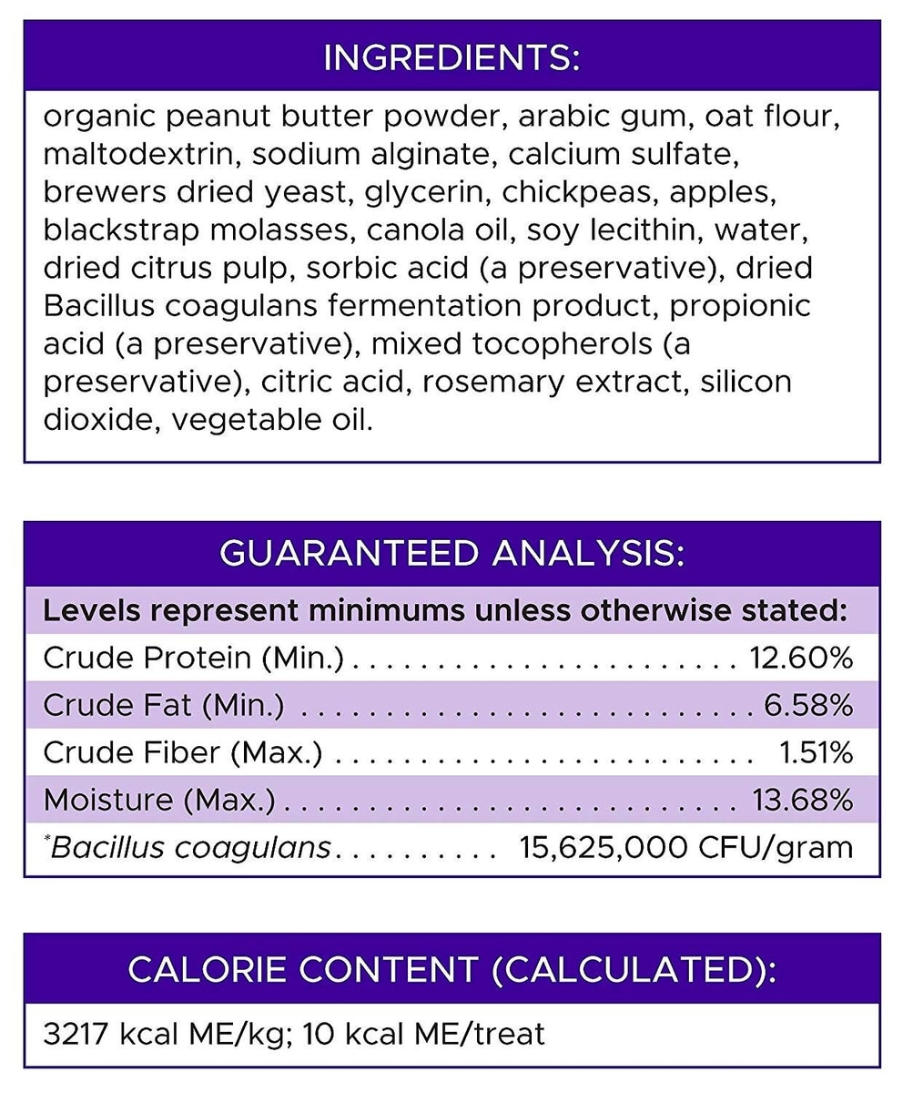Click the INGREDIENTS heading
tap(451, 57)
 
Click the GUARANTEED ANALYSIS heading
tap(451, 553)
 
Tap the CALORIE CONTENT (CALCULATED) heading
tap(451, 969)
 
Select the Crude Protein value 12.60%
tap(801, 657)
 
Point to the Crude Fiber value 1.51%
tap(816, 751)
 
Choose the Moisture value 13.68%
tap(802, 799)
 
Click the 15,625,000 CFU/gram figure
tap(685, 847)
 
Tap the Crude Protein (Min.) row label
tap(194, 657)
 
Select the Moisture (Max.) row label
tap(159, 799)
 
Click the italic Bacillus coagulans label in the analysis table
tap(190, 847)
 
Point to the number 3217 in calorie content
tap(76, 1034)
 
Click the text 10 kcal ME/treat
tap(424, 1034)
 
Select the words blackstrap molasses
tap(196, 230)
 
